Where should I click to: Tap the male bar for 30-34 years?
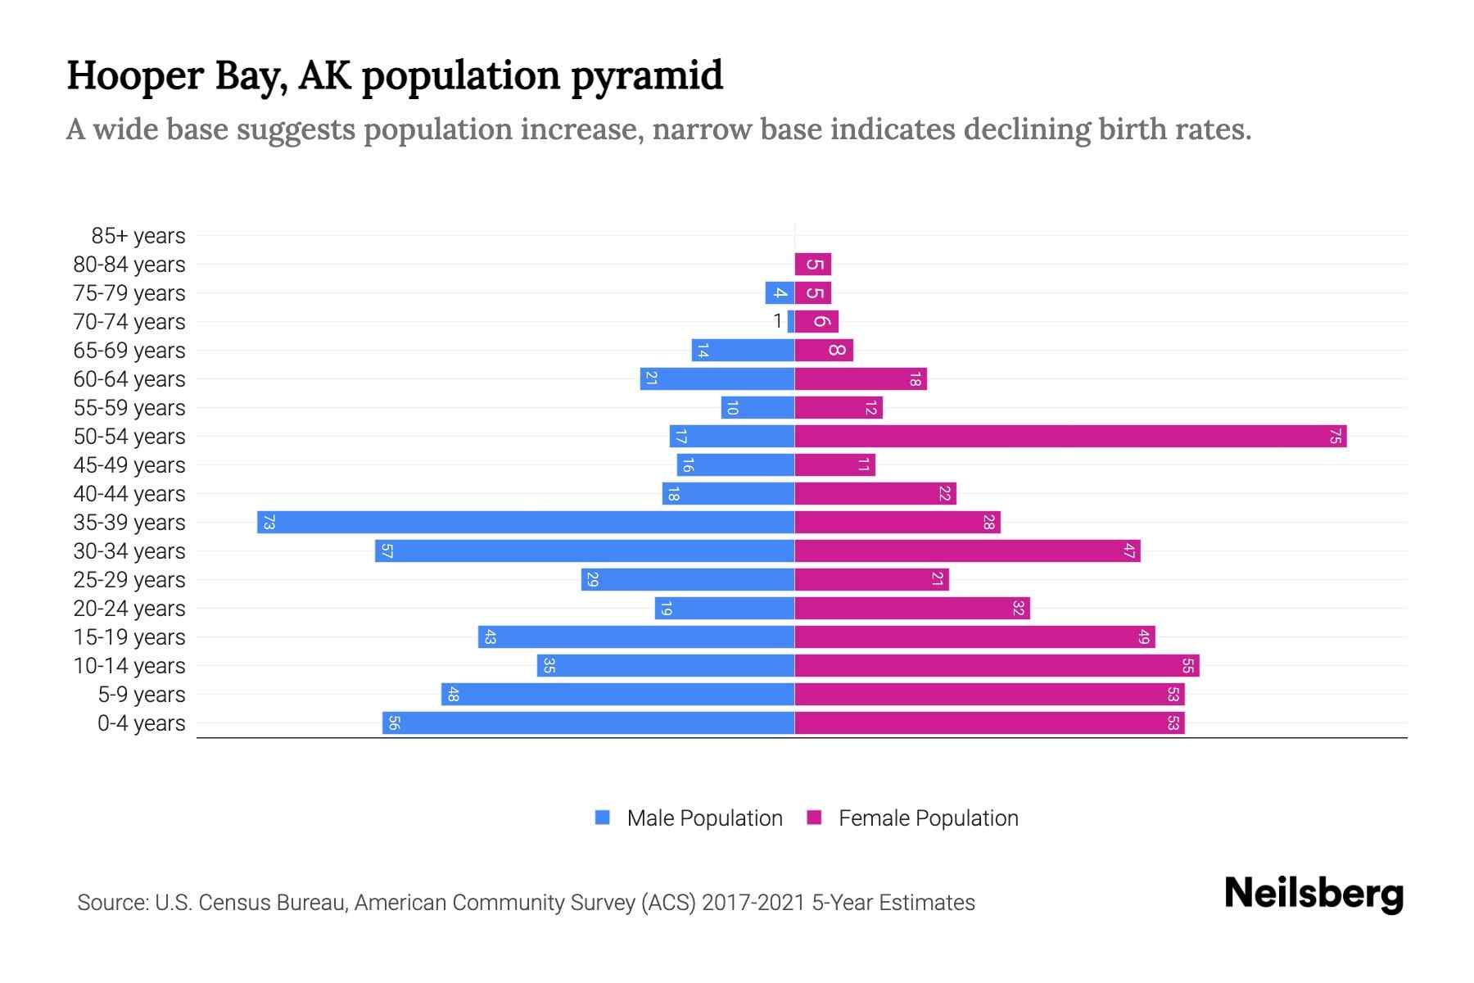(585, 551)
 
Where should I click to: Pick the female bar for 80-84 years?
(812, 265)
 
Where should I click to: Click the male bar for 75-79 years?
(779, 293)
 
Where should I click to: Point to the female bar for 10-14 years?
(996, 666)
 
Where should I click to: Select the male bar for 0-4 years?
(588, 723)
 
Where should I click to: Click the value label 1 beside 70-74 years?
(778, 322)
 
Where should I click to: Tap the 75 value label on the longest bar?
(1335, 437)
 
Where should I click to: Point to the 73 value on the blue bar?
(269, 523)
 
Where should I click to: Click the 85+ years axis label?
(138, 236)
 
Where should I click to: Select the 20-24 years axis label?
(129, 609)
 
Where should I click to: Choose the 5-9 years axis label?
(141, 695)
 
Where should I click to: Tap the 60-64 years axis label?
(129, 379)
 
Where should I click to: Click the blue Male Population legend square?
(603, 818)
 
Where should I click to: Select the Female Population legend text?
(928, 818)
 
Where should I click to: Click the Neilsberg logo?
(1313, 894)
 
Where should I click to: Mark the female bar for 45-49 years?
(834, 465)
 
